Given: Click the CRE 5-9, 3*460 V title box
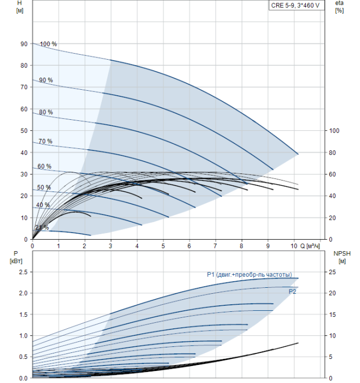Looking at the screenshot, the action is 297,5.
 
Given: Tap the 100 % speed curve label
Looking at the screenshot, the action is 48,44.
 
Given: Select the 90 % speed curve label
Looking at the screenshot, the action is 46,80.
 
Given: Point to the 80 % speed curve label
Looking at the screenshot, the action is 46,112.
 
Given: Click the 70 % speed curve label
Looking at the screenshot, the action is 45,141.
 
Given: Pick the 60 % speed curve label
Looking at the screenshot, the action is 44,166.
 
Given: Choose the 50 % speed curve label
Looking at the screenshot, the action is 44,187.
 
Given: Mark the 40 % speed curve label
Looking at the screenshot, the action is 43,205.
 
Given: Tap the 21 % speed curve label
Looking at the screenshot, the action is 42,228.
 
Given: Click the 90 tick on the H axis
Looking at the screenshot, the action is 24,44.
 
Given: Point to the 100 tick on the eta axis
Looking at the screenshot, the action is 334,131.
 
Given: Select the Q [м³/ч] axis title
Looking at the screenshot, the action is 310,246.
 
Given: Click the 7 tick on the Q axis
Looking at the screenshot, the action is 215,246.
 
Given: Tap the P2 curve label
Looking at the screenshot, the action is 292,292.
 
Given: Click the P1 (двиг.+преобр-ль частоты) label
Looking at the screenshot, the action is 249,275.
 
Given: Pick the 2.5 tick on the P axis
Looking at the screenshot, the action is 23,272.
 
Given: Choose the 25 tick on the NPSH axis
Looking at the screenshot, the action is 332,272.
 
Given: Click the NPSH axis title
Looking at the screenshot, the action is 342,257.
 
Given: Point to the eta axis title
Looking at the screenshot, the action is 340,7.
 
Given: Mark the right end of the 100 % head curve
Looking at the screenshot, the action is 298,154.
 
